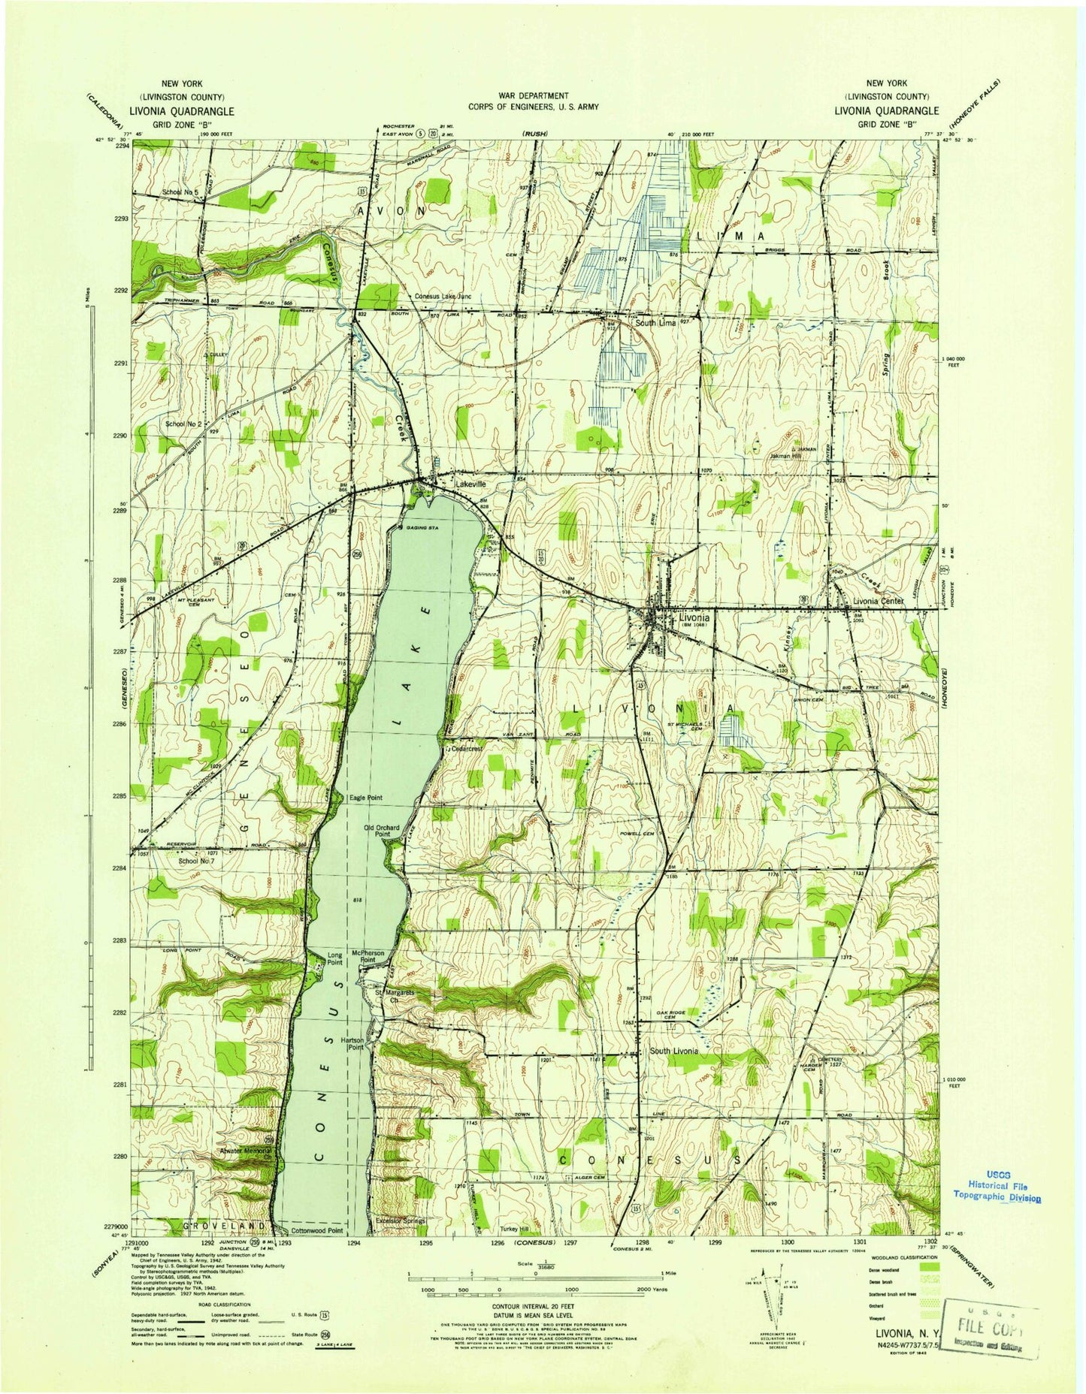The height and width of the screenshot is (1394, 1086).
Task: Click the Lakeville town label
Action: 470,485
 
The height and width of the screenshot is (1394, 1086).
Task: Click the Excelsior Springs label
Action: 401,1221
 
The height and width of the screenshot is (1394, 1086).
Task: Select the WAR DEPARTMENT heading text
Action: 533,96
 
